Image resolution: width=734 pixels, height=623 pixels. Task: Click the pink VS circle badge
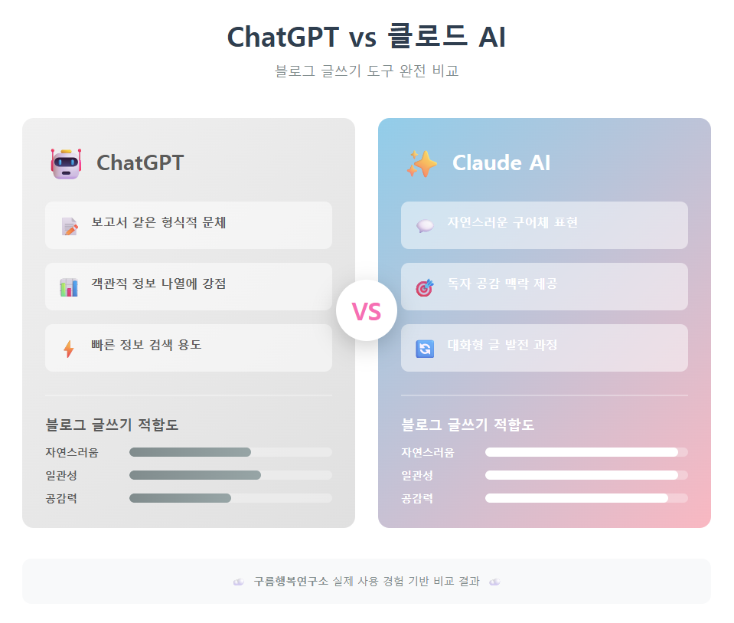(x=367, y=311)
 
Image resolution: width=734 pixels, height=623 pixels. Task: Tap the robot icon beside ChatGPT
(x=65, y=163)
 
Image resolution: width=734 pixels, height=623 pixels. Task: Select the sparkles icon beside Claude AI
(x=422, y=163)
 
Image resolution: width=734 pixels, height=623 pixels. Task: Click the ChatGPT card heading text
(x=140, y=163)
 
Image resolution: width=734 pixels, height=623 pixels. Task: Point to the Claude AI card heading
(x=501, y=163)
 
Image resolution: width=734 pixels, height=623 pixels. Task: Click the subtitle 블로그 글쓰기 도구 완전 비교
(x=367, y=71)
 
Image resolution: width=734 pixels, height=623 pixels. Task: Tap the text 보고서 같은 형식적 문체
(x=158, y=223)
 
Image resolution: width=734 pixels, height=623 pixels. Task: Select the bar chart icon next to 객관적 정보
(x=69, y=287)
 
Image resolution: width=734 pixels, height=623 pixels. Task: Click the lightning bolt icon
(x=69, y=349)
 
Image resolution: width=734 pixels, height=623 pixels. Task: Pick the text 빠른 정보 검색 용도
(x=146, y=346)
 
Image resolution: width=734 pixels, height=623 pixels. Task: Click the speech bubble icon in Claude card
(x=425, y=226)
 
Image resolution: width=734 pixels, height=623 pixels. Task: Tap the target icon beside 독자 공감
(x=425, y=287)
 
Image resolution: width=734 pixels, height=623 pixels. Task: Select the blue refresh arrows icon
(x=425, y=349)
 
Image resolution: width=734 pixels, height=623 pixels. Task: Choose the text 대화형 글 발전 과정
(x=502, y=346)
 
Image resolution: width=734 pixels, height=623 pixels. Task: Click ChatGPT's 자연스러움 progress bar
(x=230, y=452)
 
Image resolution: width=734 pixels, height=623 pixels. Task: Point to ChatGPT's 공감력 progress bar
(x=230, y=498)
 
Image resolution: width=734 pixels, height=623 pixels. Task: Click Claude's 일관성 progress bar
(x=586, y=475)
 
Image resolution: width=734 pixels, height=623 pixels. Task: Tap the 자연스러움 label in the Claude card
(x=428, y=452)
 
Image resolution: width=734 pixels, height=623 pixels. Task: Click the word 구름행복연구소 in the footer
(x=291, y=582)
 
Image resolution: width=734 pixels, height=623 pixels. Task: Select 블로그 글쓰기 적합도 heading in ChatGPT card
(x=112, y=425)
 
